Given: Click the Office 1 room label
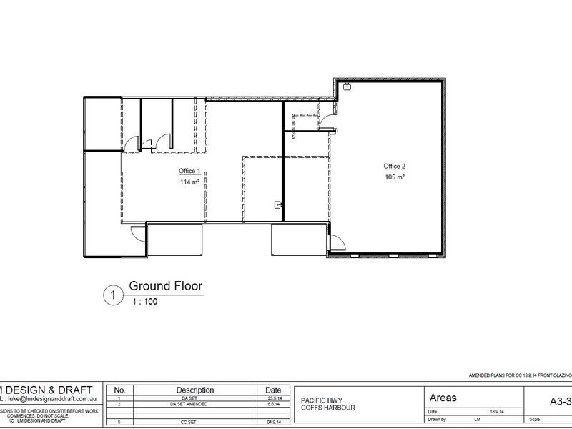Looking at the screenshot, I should click(189, 172).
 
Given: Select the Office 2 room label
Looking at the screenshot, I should click(394, 165).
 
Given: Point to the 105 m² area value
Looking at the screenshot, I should click(395, 177).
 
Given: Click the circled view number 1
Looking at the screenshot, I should click(112, 295).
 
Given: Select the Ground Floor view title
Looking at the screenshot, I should click(165, 287).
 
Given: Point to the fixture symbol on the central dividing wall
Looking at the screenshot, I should click(277, 205).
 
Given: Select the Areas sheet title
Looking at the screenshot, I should click(444, 398).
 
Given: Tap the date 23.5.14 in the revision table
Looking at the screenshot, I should click(272, 398).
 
